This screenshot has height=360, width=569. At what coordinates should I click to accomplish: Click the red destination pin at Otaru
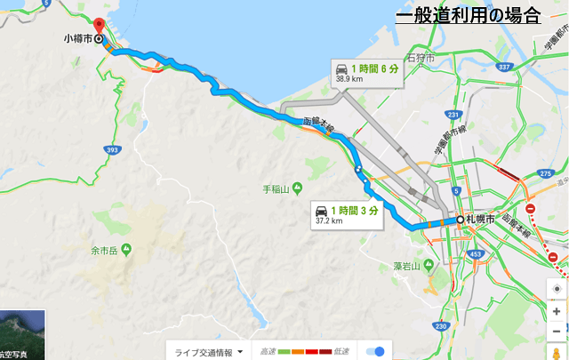pos(99,25)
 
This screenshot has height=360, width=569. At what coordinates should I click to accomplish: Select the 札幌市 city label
pos(480,219)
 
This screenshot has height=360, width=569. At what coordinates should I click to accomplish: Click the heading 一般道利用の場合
pos(469,14)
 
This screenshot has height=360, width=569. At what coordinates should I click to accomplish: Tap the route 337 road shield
pos(504,67)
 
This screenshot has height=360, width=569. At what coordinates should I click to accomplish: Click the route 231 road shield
pos(454,115)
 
